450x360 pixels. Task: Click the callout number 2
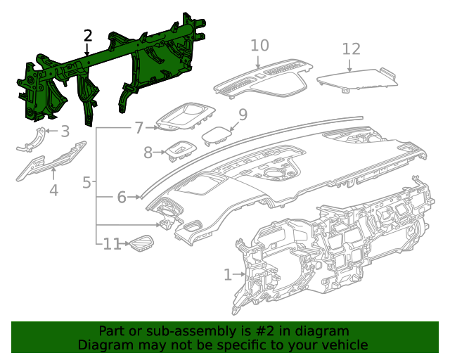[87, 36]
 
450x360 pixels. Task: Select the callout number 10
[259, 46]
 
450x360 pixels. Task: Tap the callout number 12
[351, 49]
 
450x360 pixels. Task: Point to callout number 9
[243, 114]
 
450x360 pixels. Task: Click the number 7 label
[139, 128]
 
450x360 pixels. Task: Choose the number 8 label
[148, 153]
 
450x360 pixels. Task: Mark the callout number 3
[65, 131]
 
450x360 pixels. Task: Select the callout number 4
[53, 190]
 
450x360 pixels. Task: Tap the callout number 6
[121, 198]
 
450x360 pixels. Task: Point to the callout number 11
[112, 244]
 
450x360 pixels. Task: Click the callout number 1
[227, 274]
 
